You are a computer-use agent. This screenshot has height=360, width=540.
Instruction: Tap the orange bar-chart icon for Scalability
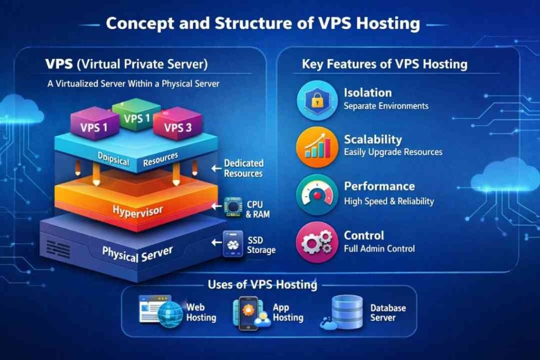[x=316, y=145]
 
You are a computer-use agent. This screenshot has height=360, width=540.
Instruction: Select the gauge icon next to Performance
[x=317, y=193]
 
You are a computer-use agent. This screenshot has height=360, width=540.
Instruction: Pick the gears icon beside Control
[x=316, y=241]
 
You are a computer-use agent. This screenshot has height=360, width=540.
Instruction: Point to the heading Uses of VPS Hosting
[x=263, y=285]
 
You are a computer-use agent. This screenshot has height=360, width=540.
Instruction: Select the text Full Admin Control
[x=379, y=249]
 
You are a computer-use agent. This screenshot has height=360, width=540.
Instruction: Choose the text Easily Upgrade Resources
[x=393, y=152]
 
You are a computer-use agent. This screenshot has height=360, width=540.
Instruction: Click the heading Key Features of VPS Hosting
[x=384, y=64]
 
